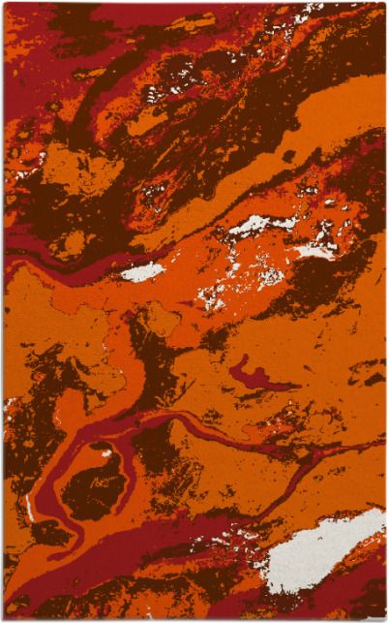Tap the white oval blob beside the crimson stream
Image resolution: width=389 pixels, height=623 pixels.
(x=142, y=272)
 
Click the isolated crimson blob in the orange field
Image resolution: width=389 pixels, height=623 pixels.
(x=254, y=377)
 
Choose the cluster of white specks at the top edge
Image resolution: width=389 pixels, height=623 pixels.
(x=308, y=13)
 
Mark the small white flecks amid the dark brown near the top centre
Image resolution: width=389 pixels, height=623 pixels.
(x=155, y=95)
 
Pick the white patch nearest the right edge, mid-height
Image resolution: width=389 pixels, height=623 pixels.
(x=319, y=250)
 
